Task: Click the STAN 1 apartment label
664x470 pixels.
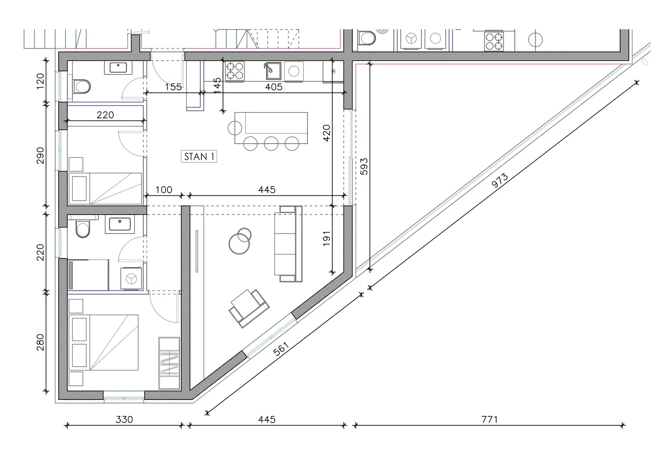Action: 199,156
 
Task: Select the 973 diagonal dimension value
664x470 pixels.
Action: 500,181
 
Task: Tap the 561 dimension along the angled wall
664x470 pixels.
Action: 281,349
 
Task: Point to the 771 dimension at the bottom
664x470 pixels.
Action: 489,419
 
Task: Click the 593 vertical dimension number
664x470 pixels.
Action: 364,166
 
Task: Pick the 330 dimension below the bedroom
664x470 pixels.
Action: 124,419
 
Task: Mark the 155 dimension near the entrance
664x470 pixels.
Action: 173,87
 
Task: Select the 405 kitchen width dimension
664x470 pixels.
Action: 274,87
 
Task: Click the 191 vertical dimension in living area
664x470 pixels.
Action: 327,238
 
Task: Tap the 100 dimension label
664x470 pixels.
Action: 163,190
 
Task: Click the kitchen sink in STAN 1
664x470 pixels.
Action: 273,71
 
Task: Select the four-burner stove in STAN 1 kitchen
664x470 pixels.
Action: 235,71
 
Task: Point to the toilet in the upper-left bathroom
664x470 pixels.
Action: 82,86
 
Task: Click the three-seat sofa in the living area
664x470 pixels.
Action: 288,244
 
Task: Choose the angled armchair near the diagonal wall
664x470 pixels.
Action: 249,309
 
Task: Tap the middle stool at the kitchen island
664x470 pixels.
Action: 271,144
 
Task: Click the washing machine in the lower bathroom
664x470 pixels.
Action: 131,279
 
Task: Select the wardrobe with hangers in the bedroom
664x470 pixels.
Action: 169,363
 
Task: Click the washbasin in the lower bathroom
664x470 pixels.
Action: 120,224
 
